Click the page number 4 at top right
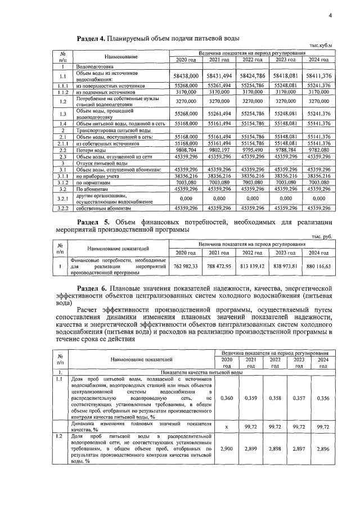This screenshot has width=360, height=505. pos(331,16)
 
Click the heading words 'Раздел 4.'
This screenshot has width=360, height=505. pos(92,38)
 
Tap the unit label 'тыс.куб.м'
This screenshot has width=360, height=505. pos(321,46)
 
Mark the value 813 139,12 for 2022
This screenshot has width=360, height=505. pos(252,267)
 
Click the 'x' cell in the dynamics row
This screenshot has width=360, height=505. pos(227,427)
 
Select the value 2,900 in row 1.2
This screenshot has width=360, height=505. pos(227,450)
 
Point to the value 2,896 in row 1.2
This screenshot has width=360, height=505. pos(323,450)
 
